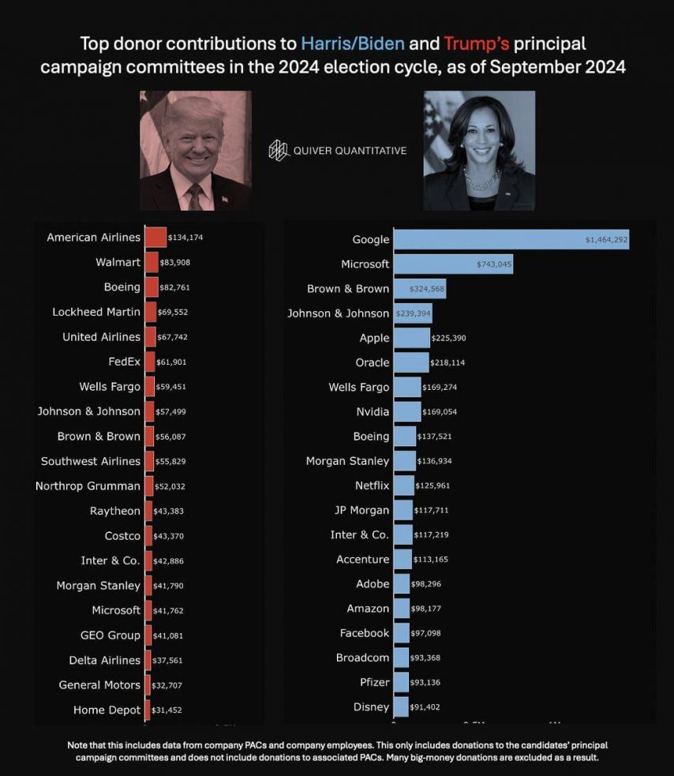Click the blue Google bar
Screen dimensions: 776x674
pyautogui.click(x=511, y=239)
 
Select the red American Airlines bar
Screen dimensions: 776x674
pyautogui.click(x=155, y=237)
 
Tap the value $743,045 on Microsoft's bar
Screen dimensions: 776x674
pyautogui.click(x=494, y=264)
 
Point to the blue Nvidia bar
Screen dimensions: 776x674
pyautogui.click(x=407, y=411)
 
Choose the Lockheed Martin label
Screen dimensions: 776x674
pyautogui.click(x=96, y=312)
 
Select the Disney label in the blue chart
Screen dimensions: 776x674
pyautogui.click(x=372, y=707)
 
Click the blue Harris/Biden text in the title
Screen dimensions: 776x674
pyautogui.click(x=353, y=43)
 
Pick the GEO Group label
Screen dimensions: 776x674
pyautogui.click(x=110, y=635)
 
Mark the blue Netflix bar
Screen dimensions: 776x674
pyautogui.click(x=403, y=485)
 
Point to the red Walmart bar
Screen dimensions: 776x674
pyautogui.click(x=152, y=262)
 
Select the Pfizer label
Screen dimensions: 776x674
pyautogui.click(x=374, y=682)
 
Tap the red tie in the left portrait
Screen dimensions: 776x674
pyautogui.click(x=195, y=194)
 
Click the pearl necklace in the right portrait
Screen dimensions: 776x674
pyautogui.click(x=481, y=182)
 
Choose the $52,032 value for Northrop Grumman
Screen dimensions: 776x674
pyautogui.click(x=170, y=486)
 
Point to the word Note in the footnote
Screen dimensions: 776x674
pyautogui.click(x=78, y=745)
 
